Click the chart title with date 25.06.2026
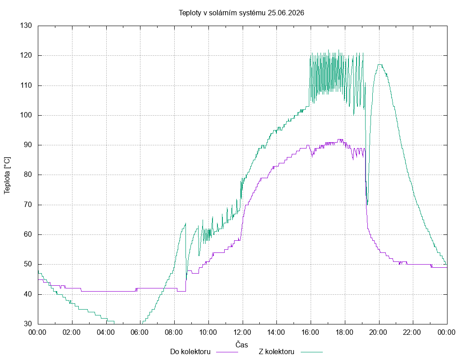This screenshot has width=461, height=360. coord(241,13)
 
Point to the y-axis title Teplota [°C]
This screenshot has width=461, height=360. coord(7,176)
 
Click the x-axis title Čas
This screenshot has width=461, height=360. coord(242,344)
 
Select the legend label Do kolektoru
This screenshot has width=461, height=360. coord(190,352)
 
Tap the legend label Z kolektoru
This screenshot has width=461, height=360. coord(276,352)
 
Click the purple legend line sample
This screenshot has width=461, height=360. coord(227,352)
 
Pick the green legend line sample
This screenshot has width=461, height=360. coord(312,352)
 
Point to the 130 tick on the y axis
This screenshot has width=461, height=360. coord(26,26)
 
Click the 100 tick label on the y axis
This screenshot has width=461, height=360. coord(26,115)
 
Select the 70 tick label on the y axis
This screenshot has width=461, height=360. coord(27,205)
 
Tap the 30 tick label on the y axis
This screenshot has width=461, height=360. coord(27,324)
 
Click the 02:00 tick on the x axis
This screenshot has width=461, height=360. coord(72,333)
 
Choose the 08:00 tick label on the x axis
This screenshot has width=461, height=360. coord(174,333)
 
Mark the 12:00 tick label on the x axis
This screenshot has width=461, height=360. coord(242,333)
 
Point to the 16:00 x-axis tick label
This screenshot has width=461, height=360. coord(311,333)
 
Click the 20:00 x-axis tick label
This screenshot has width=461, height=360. coord(378,333)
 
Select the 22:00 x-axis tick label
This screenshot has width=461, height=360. coord(412,333)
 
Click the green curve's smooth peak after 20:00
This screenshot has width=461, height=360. coord(380,65)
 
